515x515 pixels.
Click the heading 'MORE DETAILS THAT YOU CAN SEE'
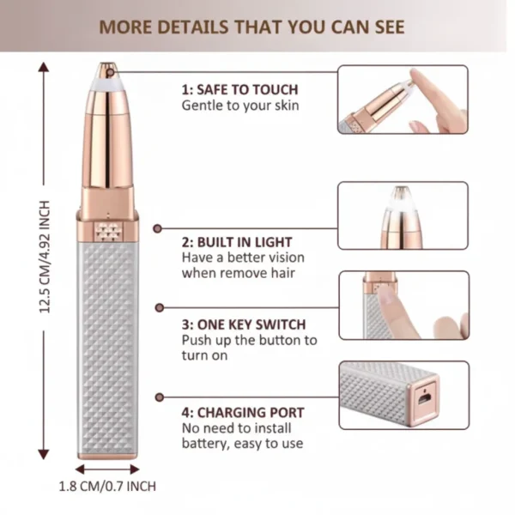251,27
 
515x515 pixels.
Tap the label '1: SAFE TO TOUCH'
239,89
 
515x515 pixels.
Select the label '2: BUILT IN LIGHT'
237,242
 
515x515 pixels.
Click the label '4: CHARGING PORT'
242,412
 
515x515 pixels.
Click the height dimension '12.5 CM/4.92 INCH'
45,257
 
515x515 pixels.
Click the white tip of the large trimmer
108,78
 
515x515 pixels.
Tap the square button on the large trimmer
108,230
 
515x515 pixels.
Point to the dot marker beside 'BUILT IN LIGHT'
158,228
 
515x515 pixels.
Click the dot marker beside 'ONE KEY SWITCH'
158,307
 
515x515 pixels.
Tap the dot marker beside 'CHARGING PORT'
158,397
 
